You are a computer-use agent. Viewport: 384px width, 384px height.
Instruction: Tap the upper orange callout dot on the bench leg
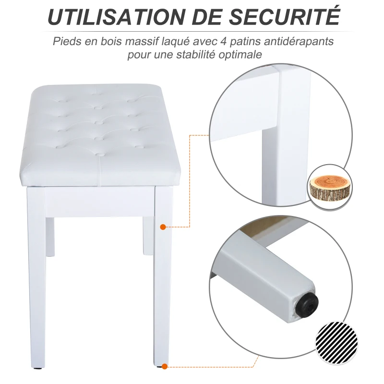163,226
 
